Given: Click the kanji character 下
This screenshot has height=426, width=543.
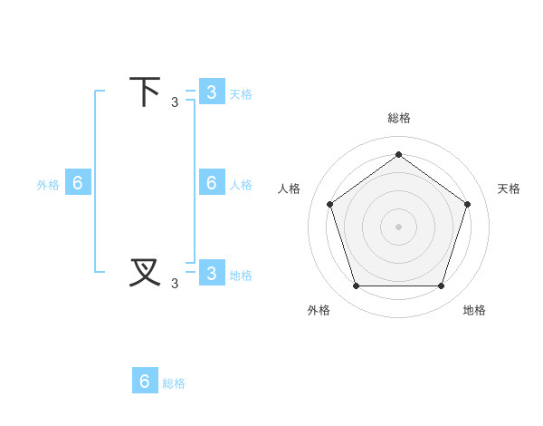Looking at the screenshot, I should tap(145, 92).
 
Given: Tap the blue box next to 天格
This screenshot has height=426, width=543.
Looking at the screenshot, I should tap(211, 92).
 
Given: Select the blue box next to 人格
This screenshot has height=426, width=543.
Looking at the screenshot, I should tap(211, 182).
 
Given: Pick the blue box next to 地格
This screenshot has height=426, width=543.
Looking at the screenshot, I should tap(211, 273).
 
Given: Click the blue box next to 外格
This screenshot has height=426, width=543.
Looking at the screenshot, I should tap(78, 182).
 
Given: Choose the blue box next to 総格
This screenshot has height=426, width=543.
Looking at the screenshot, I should tap(145, 381).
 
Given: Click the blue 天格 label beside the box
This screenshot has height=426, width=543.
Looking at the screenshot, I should tap(241, 94).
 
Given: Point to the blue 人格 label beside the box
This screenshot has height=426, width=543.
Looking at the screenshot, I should tap(241, 185).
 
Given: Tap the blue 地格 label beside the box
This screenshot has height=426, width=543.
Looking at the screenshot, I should tap(241, 276).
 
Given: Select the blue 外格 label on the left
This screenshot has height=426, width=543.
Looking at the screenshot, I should tap(48, 185).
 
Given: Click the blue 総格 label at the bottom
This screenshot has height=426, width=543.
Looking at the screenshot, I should tap(174, 383).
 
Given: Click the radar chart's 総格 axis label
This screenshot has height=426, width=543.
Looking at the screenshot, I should tap(398, 118).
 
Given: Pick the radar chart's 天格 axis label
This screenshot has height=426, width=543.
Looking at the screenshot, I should tap(509, 189).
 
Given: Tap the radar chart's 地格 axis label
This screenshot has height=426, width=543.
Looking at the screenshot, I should tap(474, 310).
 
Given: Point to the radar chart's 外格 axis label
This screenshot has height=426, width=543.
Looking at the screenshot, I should tap(319, 310).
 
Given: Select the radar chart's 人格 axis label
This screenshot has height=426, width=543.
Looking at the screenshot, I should tap(289, 189).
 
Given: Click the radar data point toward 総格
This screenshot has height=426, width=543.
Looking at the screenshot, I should tap(398, 154).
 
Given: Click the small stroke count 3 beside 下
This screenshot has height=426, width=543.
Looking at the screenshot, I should tap(175, 102).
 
